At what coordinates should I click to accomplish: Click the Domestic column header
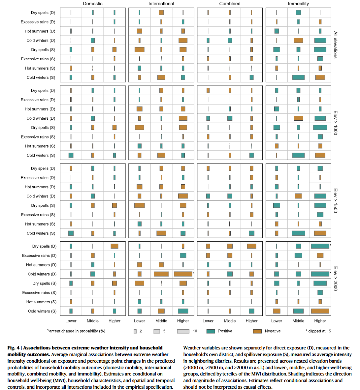[93, 4]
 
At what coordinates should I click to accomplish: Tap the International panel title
[161, 4]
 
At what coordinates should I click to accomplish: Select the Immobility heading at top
[298, 4]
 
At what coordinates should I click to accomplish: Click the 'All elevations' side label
[335, 45]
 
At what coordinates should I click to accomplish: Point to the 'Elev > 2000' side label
[335, 279]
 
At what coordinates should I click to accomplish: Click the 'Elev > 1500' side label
[335, 201]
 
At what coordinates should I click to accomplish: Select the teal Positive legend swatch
[211, 331]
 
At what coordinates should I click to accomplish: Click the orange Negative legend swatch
[257, 331]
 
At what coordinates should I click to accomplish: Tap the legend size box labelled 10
[183, 331]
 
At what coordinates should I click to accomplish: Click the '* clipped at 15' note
[318, 331]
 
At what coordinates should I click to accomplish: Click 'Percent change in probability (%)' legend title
[76, 331]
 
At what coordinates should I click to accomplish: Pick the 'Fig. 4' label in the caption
[14, 348]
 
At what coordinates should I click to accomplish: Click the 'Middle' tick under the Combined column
[230, 321]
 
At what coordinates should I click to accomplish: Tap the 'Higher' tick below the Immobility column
[320, 321]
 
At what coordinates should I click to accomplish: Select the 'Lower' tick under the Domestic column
[71, 321]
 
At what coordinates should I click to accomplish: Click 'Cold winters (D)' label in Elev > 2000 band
[42, 274]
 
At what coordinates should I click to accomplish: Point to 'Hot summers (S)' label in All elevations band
[40, 68]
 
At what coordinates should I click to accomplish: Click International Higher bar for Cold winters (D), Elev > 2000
[183, 274]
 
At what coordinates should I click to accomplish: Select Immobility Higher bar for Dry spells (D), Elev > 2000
[320, 246]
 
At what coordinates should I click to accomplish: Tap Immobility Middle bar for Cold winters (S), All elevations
[298, 77]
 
